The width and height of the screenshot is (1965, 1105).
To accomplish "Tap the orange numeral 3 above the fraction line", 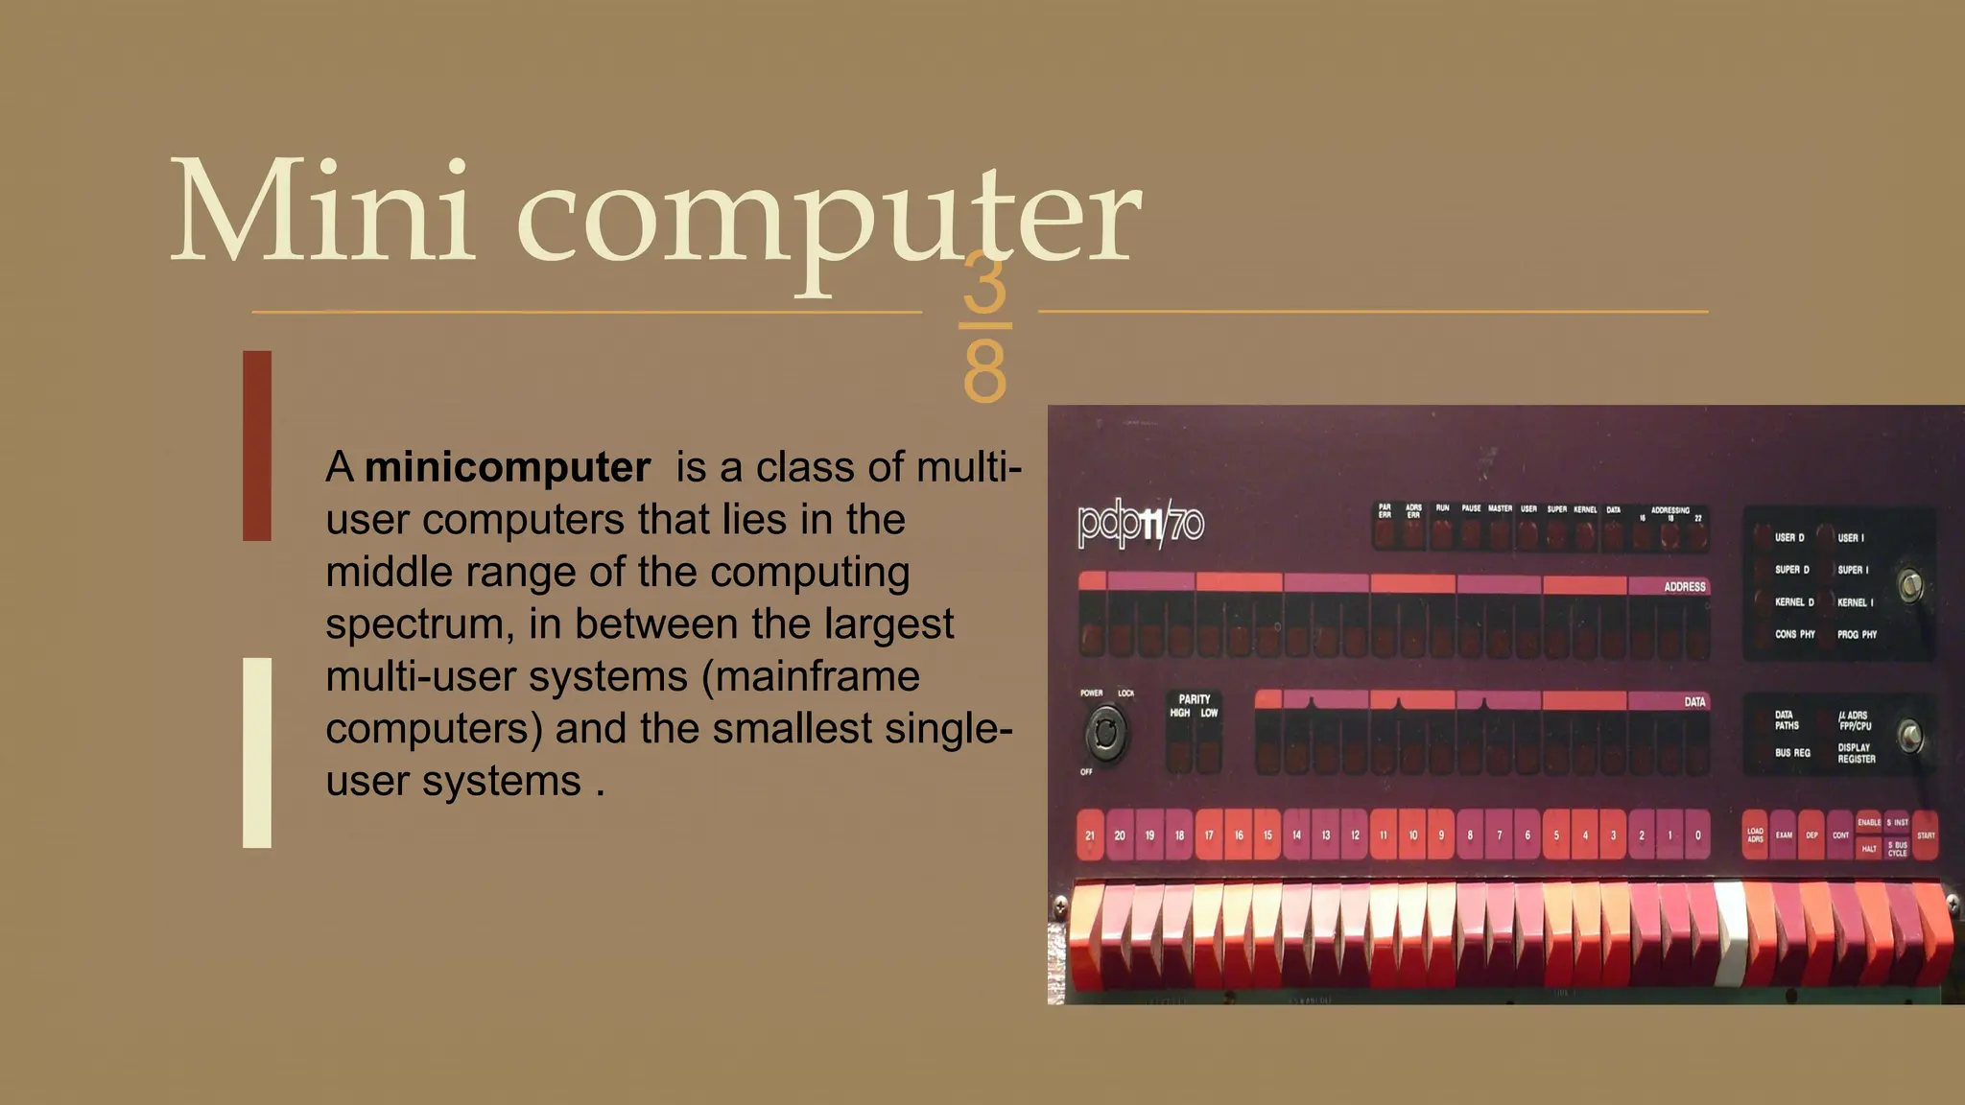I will tap(984, 285).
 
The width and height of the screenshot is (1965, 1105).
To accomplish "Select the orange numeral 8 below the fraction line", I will tap(984, 372).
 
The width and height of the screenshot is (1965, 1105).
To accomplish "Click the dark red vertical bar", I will tap(257, 446).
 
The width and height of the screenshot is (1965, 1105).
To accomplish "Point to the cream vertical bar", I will tap(257, 753).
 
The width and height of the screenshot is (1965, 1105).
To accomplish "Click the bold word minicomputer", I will tap(508, 468).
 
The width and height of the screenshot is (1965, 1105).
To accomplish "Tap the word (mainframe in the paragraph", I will tap(811, 676).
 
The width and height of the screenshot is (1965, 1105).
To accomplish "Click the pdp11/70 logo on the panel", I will tap(1141, 525).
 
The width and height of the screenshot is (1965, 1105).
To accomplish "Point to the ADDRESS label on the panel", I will tap(1684, 586).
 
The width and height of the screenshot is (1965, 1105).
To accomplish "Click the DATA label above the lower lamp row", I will tap(1694, 702).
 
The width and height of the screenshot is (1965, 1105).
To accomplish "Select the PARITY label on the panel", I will tap(1194, 699).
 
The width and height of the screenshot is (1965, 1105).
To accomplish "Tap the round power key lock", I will tap(1105, 734).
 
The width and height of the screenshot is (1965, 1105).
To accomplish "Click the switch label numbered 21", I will tap(1090, 835).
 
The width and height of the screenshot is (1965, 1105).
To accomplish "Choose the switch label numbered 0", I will tap(1698, 835).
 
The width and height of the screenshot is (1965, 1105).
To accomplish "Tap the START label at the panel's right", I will tap(1925, 835).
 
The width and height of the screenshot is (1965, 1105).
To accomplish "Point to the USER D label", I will tap(1788, 538).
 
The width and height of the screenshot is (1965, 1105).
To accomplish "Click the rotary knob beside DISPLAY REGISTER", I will tap(1910, 736).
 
